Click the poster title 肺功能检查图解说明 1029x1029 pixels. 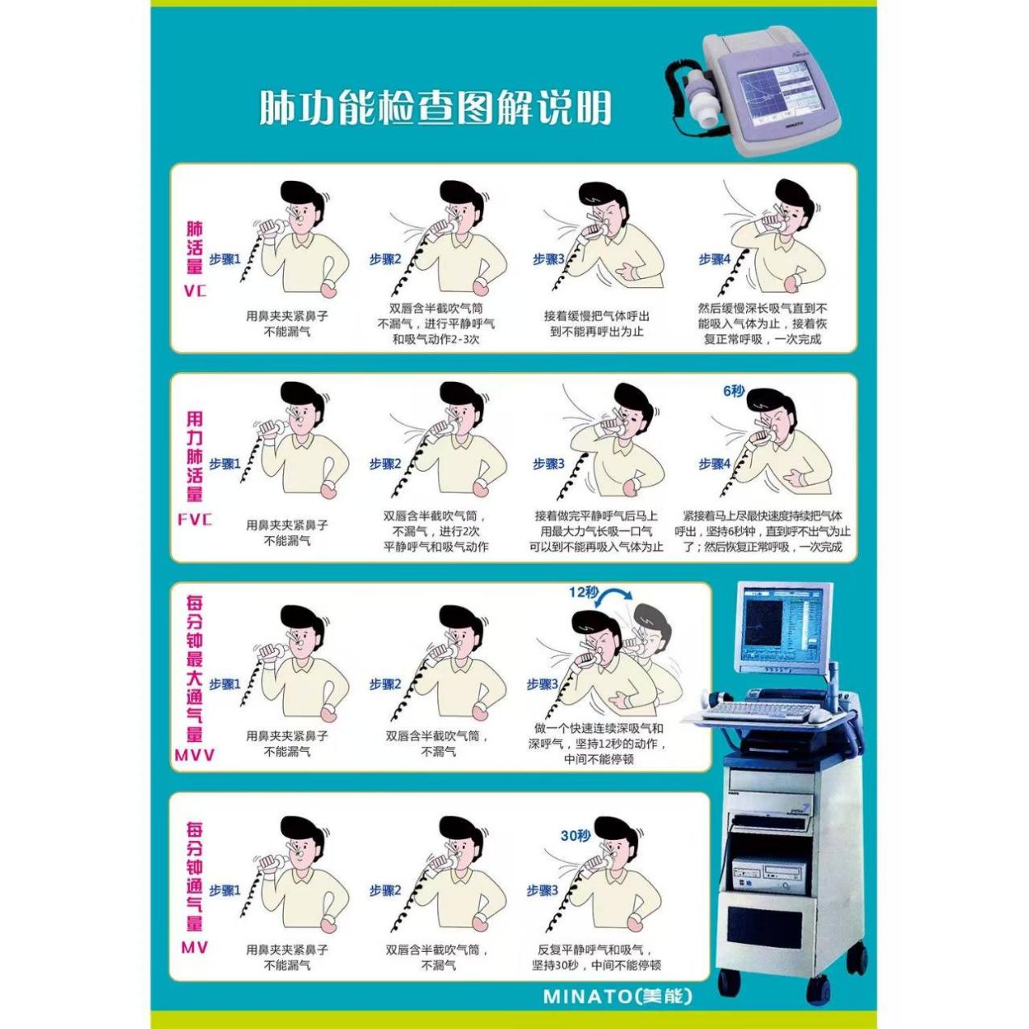(435, 109)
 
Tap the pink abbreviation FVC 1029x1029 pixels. (195, 520)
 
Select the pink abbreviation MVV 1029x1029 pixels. (195, 755)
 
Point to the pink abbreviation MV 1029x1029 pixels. (195, 947)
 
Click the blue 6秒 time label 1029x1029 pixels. (734, 391)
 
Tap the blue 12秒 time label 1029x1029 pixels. (584, 592)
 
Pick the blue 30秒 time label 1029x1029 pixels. (575, 836)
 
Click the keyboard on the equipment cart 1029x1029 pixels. (758, 711)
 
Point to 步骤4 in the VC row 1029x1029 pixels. (714, 259)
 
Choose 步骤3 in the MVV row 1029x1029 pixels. (542, 684)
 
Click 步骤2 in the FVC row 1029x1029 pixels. (385, 464)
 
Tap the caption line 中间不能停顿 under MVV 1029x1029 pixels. (598, 759)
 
